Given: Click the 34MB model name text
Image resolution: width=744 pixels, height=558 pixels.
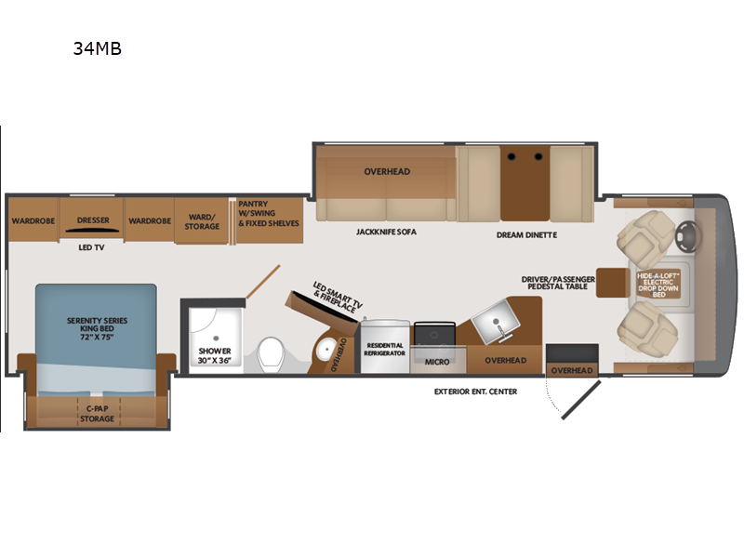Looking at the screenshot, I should coord(97,49).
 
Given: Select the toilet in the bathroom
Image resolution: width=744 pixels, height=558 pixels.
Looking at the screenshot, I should coord(272,352).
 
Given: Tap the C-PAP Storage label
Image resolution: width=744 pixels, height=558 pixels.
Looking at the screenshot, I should coord(97,414).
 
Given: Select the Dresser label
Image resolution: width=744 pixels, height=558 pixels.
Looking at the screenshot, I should coord(92,220).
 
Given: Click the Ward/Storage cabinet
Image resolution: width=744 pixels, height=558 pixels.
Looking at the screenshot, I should coord(202,221).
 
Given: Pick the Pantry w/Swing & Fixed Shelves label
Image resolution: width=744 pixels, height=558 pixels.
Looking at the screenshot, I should coord(267,213).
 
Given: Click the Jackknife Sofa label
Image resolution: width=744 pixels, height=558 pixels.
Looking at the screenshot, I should coord(384,231).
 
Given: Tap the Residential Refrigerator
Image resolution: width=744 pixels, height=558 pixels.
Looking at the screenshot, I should coord(384,347).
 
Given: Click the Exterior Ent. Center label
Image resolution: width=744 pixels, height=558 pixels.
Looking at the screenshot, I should coord(475,392).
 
